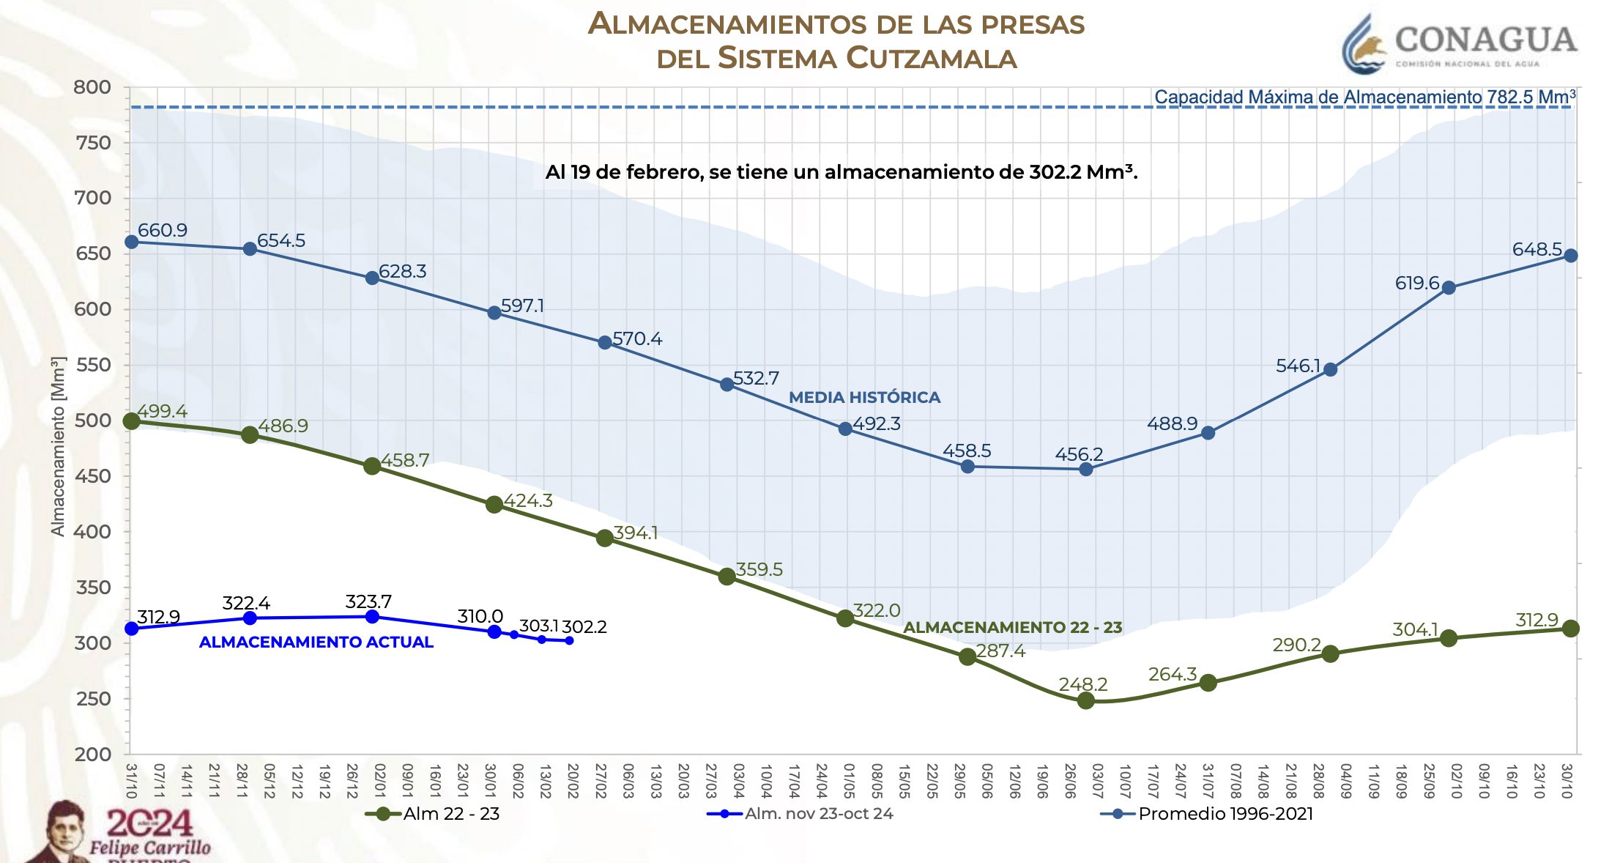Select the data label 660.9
162,230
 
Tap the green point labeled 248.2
1086,700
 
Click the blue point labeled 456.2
1086,469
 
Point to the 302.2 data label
584,627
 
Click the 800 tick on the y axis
92,87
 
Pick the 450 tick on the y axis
92,476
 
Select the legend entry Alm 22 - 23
432,813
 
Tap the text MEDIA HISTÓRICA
864,397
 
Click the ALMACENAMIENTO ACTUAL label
316,642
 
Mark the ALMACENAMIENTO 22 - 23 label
1012,627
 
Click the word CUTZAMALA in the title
932,58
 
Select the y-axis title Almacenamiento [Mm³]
58,446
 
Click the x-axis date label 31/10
131,781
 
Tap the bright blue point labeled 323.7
372,617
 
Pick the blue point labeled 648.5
1570,256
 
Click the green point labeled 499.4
132,421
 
